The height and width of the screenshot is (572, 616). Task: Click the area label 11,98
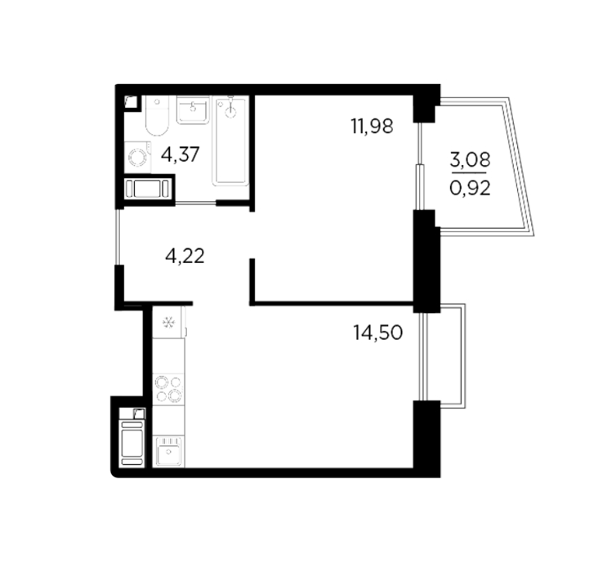pos(372,127)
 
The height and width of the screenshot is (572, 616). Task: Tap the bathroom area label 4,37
pos(181,154)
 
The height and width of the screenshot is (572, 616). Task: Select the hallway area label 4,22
pos(185,257)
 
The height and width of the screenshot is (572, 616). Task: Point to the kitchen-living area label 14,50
pos(378,333)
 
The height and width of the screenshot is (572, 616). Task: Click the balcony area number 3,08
pos(471,160)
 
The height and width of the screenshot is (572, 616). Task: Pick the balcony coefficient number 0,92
pos(471,189)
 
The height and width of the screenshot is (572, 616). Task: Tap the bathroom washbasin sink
pos(193,110)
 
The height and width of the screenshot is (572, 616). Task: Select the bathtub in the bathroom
pos(230,141)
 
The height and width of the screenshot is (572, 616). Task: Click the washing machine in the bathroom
pos(138,158)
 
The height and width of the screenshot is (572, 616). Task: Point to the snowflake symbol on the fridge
pos(169,323)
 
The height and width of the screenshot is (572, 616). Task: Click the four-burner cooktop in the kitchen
pos(168,389)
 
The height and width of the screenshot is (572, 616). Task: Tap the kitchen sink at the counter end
pos(168,451)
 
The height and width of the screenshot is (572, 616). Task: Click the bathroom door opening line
pos(195,203)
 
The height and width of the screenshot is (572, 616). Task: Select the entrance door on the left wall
pos(117,237)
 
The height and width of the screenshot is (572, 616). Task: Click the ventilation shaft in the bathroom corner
pos(131,103)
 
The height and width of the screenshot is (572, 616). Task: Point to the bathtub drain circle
pos(230,113)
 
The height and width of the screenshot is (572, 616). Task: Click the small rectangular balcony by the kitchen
pos(453,356)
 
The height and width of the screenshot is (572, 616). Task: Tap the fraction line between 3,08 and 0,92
pos(469,173)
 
